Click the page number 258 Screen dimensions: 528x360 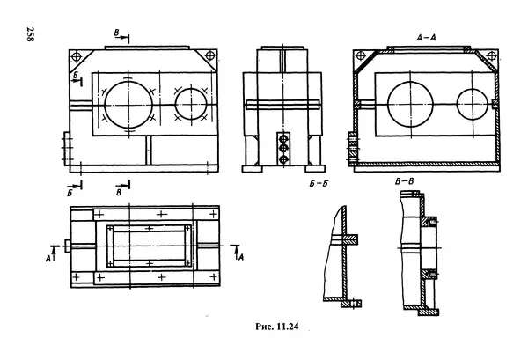pos(29,35)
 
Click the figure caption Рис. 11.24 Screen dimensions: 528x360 pos(277,327)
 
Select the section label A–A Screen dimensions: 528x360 pos(426,38)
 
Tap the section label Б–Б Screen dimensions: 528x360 pos(319,184)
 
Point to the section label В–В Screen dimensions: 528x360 pos(405,182)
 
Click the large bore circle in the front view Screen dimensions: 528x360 pos(105,105)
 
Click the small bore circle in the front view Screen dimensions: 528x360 pos(175,104)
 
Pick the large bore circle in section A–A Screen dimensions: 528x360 pos(387,104)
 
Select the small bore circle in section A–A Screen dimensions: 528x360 pos(457,104)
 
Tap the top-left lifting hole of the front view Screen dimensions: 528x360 pos(77,56)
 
